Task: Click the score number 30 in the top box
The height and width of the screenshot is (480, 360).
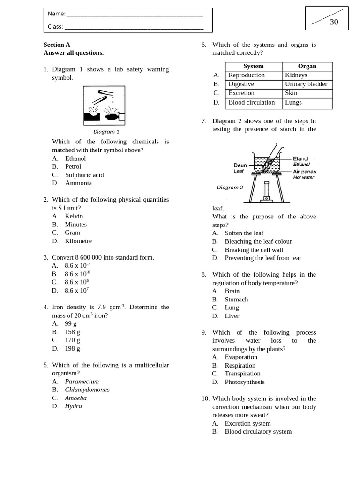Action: [334, 22]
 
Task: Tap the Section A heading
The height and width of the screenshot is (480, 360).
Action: [57, 45]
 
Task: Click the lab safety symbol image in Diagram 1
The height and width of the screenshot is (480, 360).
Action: [104, 105]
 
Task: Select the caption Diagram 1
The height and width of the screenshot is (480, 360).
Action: [106, 132]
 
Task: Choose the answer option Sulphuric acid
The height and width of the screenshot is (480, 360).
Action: [84, 175]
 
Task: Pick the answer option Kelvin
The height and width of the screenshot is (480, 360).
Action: [74, 216]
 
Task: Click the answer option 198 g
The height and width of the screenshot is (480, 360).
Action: [72, 348]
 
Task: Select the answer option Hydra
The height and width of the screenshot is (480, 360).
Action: [73, 406]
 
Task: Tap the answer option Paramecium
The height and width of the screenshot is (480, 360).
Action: [82, 382]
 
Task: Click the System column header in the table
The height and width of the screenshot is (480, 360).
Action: [253, 67]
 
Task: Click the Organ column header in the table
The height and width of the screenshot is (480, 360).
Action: [307, 67]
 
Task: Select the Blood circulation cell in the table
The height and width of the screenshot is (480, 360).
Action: [252, 102]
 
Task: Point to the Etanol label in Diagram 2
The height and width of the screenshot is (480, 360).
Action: [301, 159]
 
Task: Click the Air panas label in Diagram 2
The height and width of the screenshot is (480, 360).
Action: [304, 172]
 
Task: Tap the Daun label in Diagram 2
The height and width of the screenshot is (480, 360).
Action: [240, 165]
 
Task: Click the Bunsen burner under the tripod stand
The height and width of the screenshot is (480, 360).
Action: [266, 192]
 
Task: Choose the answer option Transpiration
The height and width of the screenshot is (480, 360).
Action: [242, 374]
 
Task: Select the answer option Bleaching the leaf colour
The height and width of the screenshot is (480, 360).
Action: [258, 241]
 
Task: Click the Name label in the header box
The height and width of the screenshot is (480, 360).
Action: [56, 14]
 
